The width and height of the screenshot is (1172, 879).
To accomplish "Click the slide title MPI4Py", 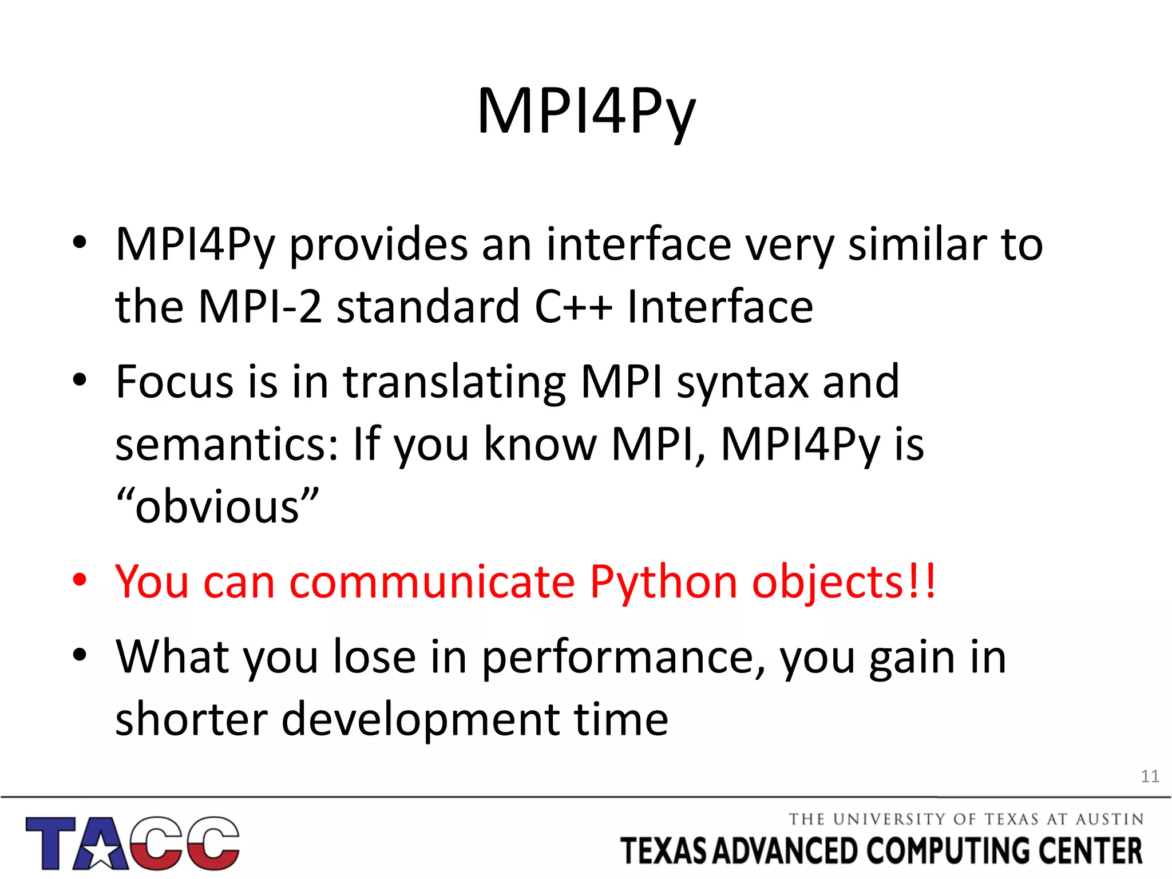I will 586,112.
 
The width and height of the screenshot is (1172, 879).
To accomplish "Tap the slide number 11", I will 1150,777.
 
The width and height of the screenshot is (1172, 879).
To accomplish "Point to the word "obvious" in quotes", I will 217,507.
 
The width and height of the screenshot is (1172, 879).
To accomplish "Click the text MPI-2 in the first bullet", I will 260,307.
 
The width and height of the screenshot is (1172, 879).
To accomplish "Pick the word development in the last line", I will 421,720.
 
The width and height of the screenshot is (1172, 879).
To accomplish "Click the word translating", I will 454,382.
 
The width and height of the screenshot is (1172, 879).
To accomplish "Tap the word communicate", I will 432,583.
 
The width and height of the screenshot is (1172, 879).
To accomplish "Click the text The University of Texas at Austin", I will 966,819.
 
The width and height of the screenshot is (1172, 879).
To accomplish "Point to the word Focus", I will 175,382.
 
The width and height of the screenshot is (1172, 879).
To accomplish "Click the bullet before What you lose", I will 80,654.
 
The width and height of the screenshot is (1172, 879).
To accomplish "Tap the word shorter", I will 191,720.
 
